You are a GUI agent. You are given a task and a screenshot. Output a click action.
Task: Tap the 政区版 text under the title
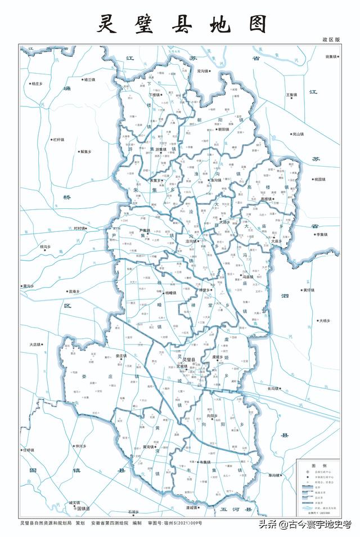pos(331,41)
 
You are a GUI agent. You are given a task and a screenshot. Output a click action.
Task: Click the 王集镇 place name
pos(292,95)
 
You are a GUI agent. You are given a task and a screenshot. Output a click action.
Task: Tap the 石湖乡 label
pos(133,512)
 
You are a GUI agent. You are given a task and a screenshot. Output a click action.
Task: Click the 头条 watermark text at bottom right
pos(267,525)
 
